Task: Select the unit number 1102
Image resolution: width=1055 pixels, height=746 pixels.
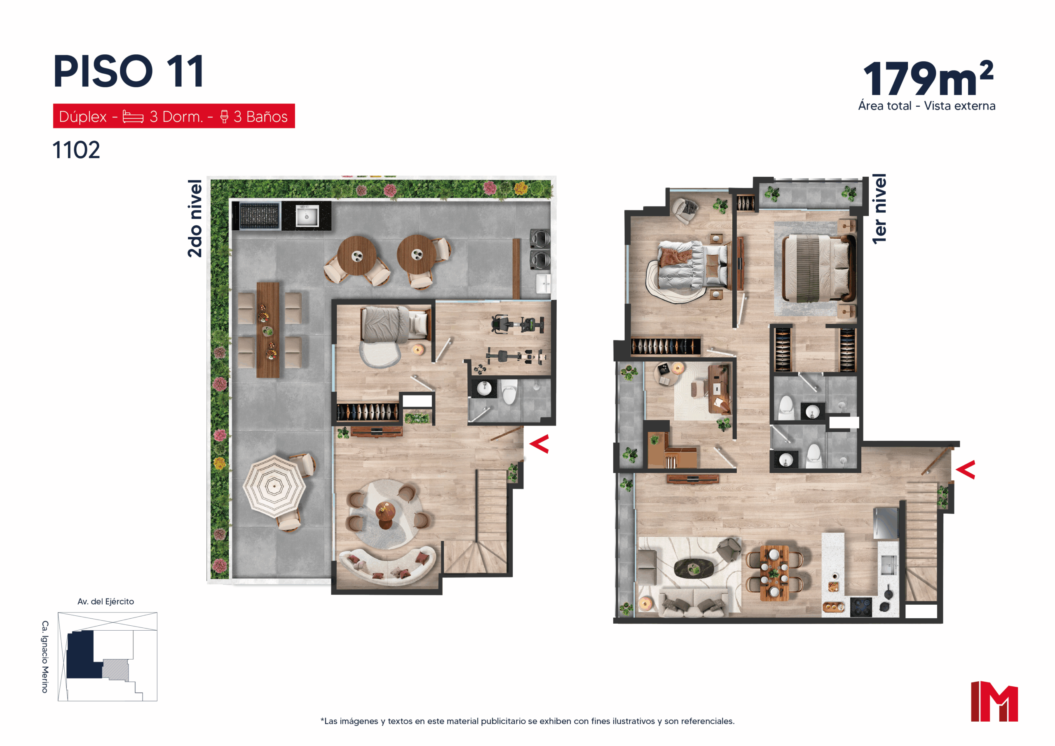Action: pos(76,150)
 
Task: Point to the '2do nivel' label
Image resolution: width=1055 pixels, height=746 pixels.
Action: pos(195,218)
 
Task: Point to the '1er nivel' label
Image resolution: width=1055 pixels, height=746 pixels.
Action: pos(879,209)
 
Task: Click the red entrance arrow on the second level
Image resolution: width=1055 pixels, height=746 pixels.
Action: pos(539,444)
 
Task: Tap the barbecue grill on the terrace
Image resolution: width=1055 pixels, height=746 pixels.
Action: pos(259,215)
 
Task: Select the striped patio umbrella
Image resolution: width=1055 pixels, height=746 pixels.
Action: pos(274,486)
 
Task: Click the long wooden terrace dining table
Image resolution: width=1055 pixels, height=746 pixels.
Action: pos(268,330)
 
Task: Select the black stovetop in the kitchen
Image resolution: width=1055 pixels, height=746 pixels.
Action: pos(860,606)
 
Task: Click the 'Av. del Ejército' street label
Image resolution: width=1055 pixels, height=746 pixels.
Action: pos(105,601)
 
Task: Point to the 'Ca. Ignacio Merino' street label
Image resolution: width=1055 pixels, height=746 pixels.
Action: pos(45,657)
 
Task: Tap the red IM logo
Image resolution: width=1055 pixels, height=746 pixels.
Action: pos(994,702)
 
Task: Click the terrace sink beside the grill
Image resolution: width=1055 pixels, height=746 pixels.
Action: pos(307,216)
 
